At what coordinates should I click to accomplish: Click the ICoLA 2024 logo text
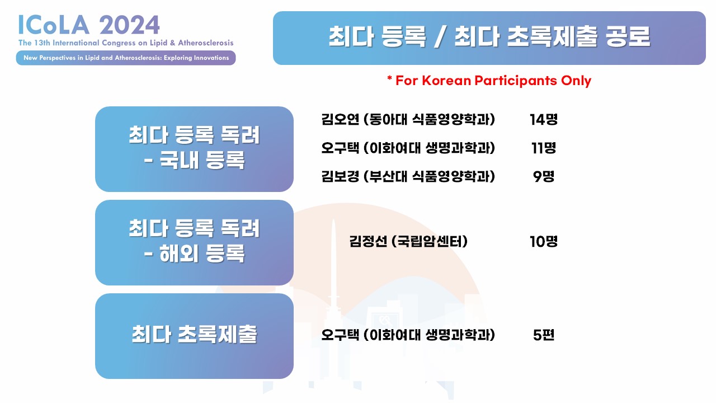click(89, 25)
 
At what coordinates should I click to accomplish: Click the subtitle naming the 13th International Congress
click(126, 43)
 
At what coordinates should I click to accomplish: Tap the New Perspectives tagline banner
click(126, 58)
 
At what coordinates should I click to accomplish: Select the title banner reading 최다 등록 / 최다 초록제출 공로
click(489, 38)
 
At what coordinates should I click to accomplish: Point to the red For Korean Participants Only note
click(489, 81)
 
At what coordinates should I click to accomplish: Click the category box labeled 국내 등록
click(194, 149)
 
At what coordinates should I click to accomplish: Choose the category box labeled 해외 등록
click(194, 243)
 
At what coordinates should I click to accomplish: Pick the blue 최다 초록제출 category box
click(194, 336)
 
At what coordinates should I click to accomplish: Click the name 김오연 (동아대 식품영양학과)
click(408, 120)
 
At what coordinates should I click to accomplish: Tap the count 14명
click(543, 120)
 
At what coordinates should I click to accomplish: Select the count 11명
click(543, 148)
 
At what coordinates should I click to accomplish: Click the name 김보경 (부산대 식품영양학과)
click(408, 176)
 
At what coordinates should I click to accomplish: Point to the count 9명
click(543, 176)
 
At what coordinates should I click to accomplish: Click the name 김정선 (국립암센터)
click(408, 241)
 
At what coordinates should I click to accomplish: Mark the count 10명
click(543, 241)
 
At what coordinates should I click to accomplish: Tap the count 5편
click(543, 335)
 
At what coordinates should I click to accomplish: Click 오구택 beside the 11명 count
click(340, 148)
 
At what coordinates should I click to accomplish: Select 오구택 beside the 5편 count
click(340, 335)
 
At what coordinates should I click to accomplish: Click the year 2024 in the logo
click(129, 25)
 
